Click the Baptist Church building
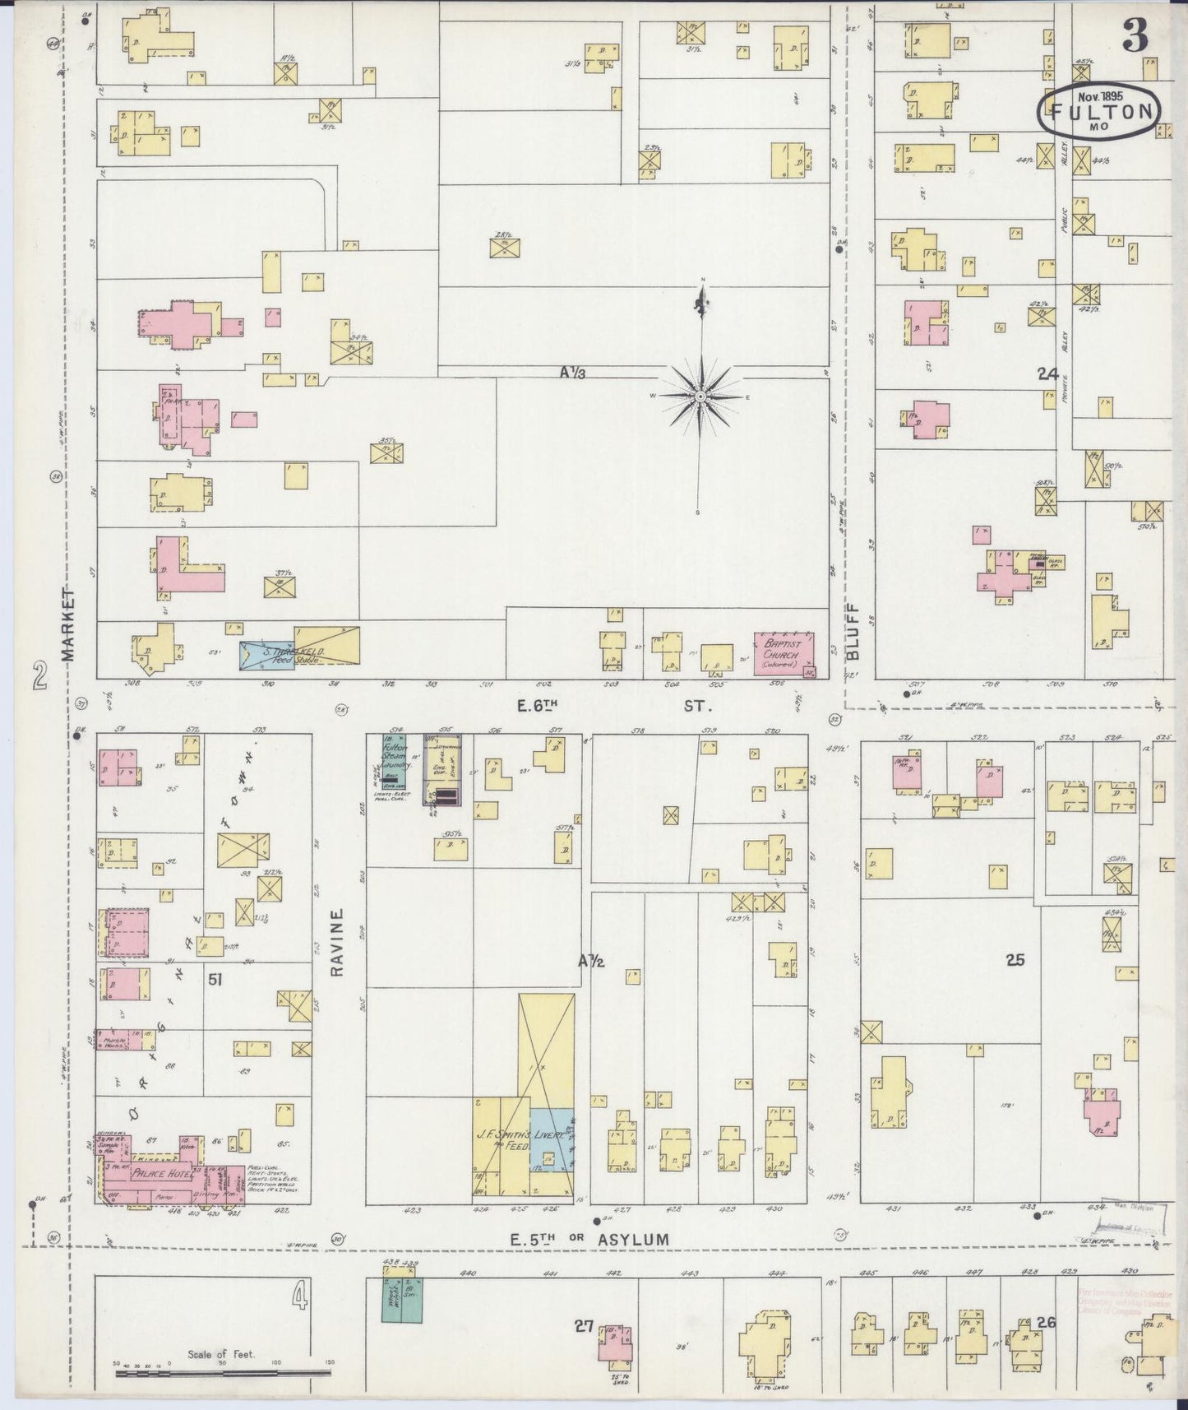tap(784, 654)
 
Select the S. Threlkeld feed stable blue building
tap(266, 656)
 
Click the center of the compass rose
tap(700, 397)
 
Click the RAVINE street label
tap(337, 942)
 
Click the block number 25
tap(1015, 959)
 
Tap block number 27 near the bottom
tap(585, 1325)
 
